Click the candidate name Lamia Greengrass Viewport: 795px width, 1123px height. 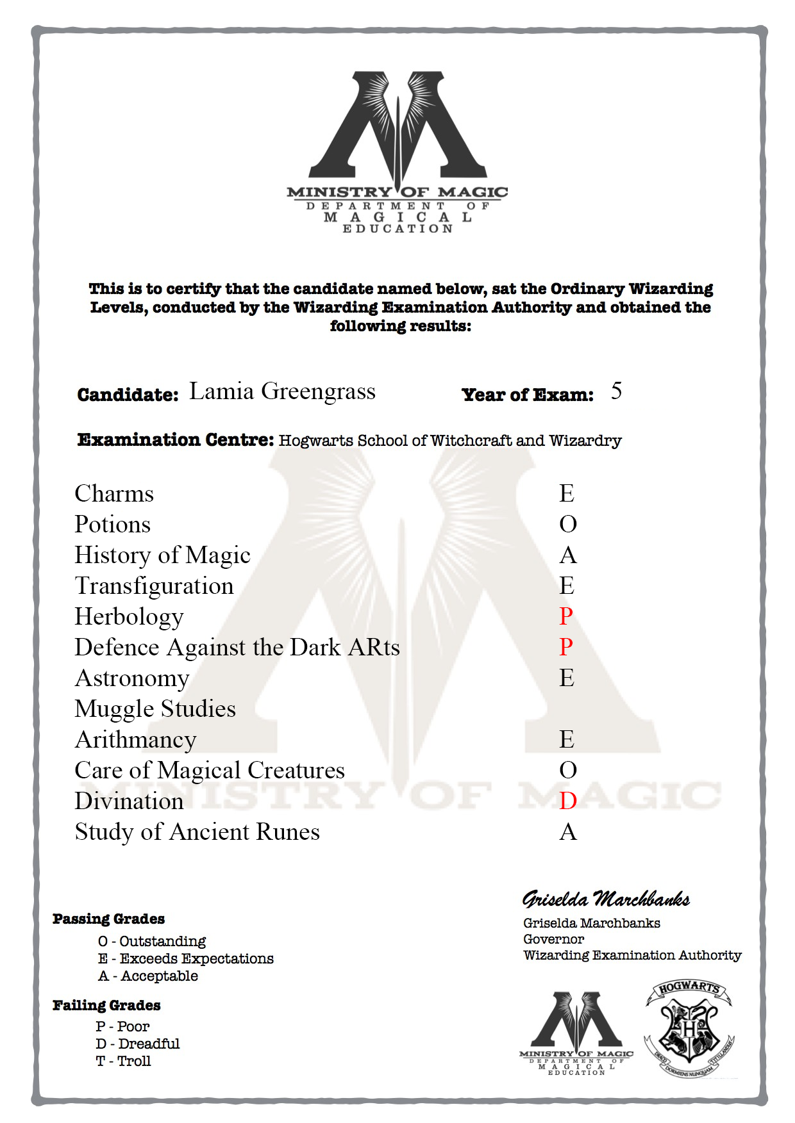tap(282, 391)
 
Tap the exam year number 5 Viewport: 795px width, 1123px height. tap(616, 391)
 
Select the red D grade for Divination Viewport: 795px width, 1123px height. tap(568, 801)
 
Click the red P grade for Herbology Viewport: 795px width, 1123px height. tap(565, 616)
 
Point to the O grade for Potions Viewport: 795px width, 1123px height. tap(568, 524)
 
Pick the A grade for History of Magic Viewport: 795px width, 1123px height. tap(568, 555)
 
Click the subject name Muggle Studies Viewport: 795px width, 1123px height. tap(155, 709)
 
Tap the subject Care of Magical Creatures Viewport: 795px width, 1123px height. tap(210, 770)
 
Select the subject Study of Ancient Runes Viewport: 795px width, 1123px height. tap(197, 832)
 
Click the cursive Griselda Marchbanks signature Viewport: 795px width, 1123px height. tap(606, 899)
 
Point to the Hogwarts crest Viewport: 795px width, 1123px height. tap(689, 1029)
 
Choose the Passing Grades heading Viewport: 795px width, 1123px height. tap(108, 919)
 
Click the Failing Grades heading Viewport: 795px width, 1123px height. tap(106, 1005)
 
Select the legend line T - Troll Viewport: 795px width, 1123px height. tap(123, 1061)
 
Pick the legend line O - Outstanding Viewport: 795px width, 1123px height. tap(152, 941)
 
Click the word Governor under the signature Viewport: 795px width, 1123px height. tap(553, 939)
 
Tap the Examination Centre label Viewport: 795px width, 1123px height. tap(176, 439)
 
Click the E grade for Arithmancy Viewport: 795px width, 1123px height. tap(567, 739)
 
